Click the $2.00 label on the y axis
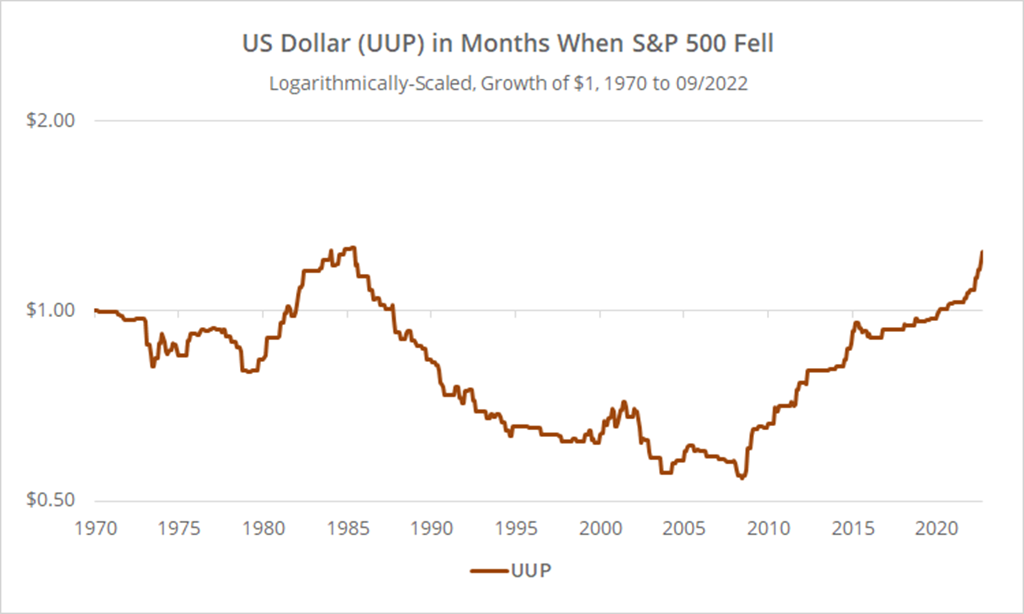point(51,120)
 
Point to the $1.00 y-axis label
point(51,310)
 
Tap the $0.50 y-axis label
point(51,500)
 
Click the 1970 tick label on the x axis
point(96,528)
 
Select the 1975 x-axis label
point(179,528)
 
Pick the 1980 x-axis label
point(264,528)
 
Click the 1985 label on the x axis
point(348,528)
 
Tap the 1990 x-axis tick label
point(432,528)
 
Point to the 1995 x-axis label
point(516,528)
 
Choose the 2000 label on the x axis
point(600,528)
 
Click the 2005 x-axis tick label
point(684,528)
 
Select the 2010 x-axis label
point(768,528)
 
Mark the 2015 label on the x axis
point(853,528)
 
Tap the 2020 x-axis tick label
point(936,528)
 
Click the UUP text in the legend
point(532,571)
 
